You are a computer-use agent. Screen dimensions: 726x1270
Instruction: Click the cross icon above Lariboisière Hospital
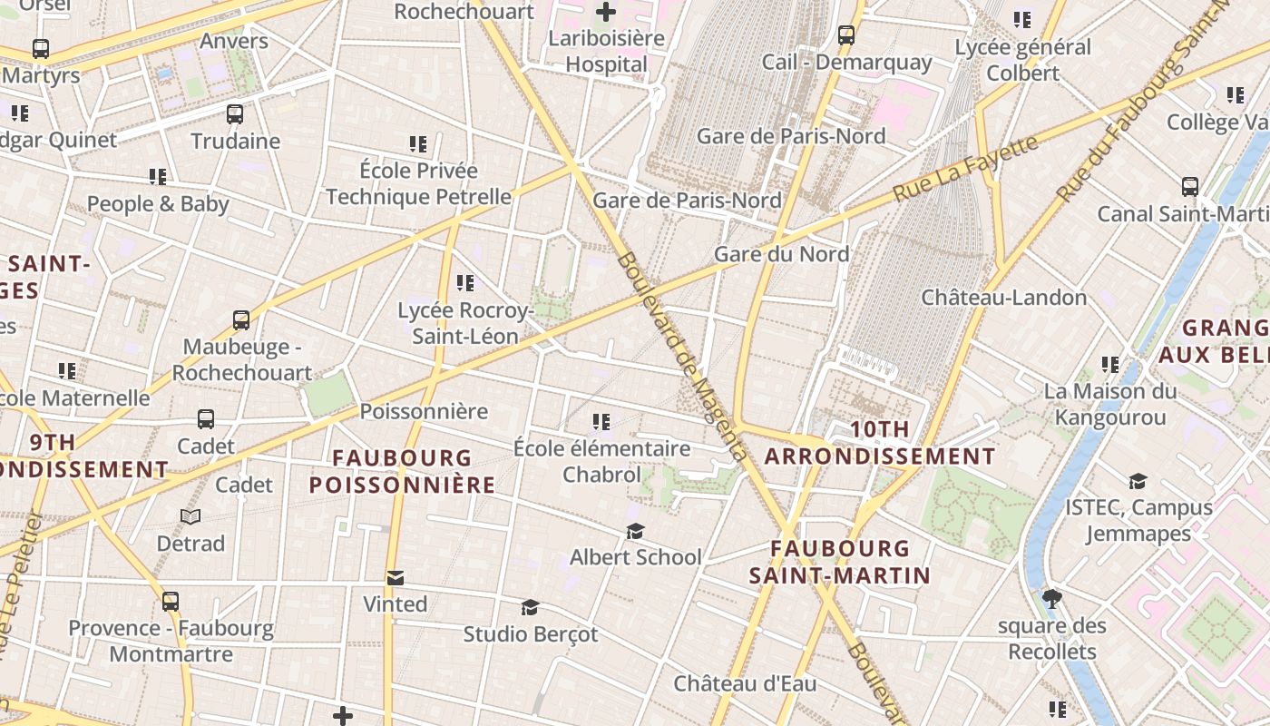[x=605, y=12]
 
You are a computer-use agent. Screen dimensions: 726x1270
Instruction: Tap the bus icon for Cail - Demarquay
[x=845, y=35]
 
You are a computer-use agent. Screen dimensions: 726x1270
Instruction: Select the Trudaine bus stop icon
[x=235, y=114]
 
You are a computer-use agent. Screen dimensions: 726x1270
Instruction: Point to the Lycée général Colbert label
[x=1023, y=60]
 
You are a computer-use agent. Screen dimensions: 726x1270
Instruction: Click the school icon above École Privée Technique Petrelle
[x=418, y=143]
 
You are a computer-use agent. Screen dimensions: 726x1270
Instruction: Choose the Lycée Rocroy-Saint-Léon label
[x=464, y=323]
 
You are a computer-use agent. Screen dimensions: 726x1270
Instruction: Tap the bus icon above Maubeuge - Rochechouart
[x=240, y=319]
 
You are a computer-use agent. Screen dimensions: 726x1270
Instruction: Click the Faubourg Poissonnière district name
[x=402, y=471]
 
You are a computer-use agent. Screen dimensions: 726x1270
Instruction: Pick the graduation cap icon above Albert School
[x=635, y=531]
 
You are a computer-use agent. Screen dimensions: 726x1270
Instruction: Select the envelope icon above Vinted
[x=395, y=578]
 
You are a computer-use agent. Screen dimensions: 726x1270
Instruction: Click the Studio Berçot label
[x=531, y=634]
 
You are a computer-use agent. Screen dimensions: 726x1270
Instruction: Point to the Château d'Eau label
[x=745, y=683]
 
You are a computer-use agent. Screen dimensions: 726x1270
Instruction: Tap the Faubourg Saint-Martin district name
[x=840, y=562]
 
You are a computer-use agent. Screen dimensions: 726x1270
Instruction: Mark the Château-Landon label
[x=1003, y=298]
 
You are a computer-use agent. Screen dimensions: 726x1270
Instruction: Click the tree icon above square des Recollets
[x=1052, y=599]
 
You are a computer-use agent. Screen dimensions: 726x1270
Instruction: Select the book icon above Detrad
[x=190, y=517]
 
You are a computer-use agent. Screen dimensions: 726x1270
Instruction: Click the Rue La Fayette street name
[x=965, y=169]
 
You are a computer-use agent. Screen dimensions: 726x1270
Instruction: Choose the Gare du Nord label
[x=781, y=254]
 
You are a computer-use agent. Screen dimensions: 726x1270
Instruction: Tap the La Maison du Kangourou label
[x=1110, y=405]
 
